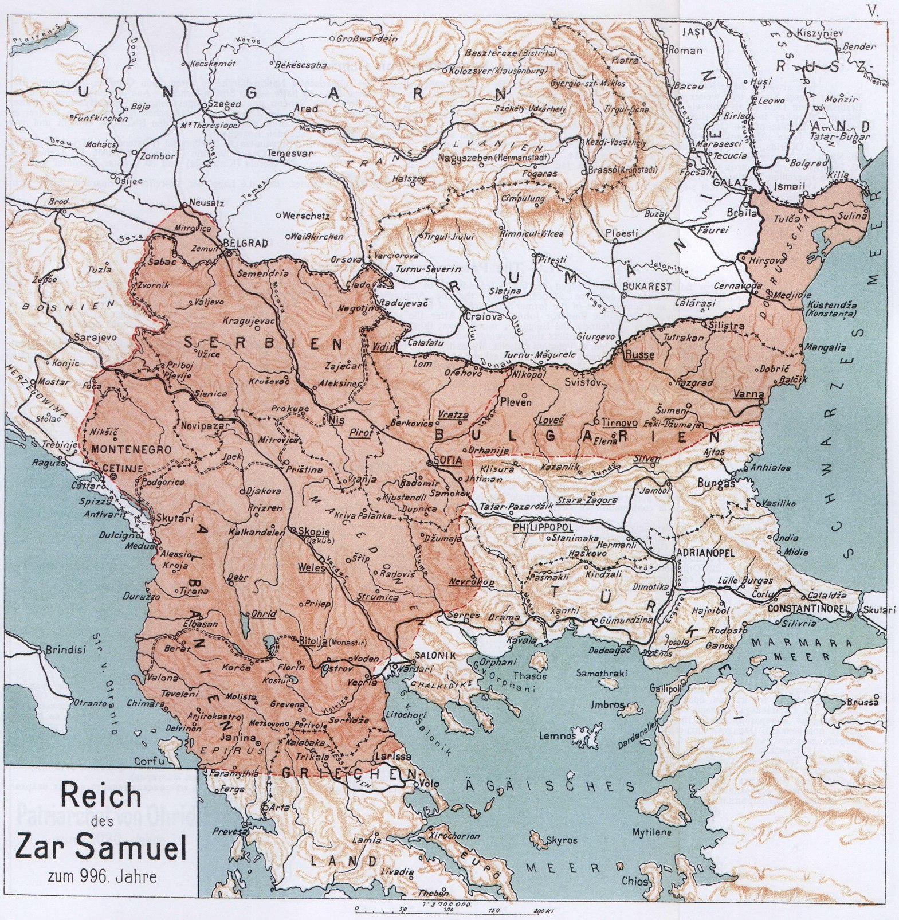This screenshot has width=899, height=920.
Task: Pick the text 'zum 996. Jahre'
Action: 101,876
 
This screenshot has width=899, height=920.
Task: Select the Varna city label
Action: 748,394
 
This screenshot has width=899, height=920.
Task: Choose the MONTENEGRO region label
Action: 128,449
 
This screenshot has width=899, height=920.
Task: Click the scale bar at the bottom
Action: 453,910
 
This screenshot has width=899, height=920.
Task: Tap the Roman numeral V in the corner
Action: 873,10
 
